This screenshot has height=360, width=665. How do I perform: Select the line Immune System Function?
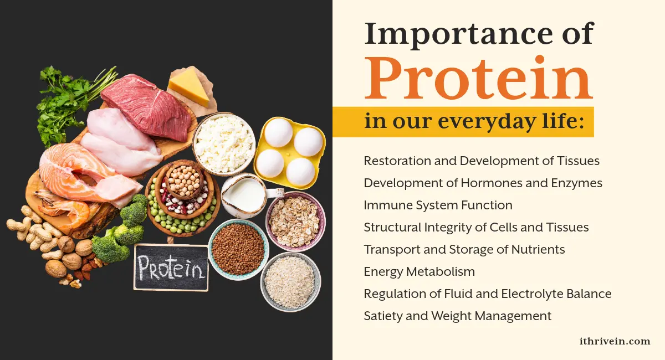[438, 205]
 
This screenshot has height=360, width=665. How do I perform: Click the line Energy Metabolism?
[419, 271]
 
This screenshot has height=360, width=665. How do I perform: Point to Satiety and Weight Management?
[457, 316]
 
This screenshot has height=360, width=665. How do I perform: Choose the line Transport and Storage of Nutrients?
[464, 249]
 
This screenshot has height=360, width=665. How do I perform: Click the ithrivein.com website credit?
[613, 341]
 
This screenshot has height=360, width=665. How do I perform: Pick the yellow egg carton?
[289, 152]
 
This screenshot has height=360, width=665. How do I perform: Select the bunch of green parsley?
[66, 102]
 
